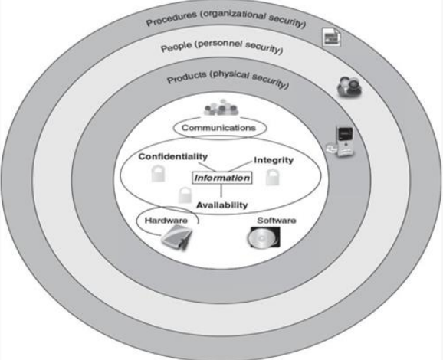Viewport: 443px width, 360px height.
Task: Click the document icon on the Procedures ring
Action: tap(330, 35)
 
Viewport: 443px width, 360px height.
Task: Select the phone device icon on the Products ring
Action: tap(343, 141)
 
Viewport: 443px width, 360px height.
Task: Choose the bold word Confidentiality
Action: tap(173, 157)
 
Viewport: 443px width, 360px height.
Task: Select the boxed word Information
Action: tap(221, 178)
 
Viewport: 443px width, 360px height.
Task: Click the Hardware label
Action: tap(162, 219)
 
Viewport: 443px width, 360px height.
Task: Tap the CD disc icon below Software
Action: tap(259, 241)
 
